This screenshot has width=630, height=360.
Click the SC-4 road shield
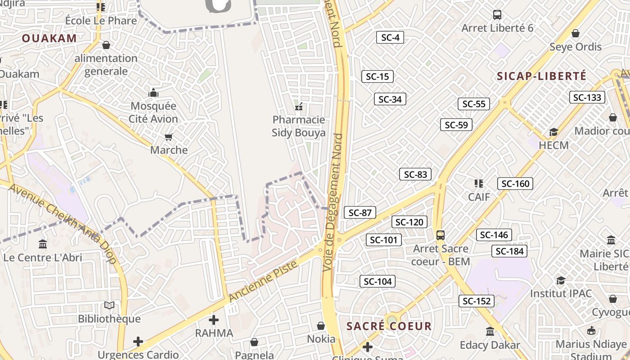390,37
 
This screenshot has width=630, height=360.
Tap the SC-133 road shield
587,97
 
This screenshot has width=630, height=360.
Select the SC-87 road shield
360,212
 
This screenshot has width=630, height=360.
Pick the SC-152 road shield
477,301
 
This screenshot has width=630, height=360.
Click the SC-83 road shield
415,174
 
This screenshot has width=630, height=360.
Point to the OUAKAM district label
49,38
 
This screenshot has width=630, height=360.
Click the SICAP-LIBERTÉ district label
542,76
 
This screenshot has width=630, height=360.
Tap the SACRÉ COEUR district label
389,326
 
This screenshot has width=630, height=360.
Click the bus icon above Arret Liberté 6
497,15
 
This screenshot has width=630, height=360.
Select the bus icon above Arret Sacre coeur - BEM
441,235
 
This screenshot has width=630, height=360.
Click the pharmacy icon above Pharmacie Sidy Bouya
298,107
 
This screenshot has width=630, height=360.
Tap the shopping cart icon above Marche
169,137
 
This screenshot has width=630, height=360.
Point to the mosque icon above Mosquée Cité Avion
153,93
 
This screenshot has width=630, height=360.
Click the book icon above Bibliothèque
109,306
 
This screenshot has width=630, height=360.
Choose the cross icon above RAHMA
214,320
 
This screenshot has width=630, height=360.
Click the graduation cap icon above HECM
553,132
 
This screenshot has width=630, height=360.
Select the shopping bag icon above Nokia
321,325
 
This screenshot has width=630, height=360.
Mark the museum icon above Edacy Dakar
490,332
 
